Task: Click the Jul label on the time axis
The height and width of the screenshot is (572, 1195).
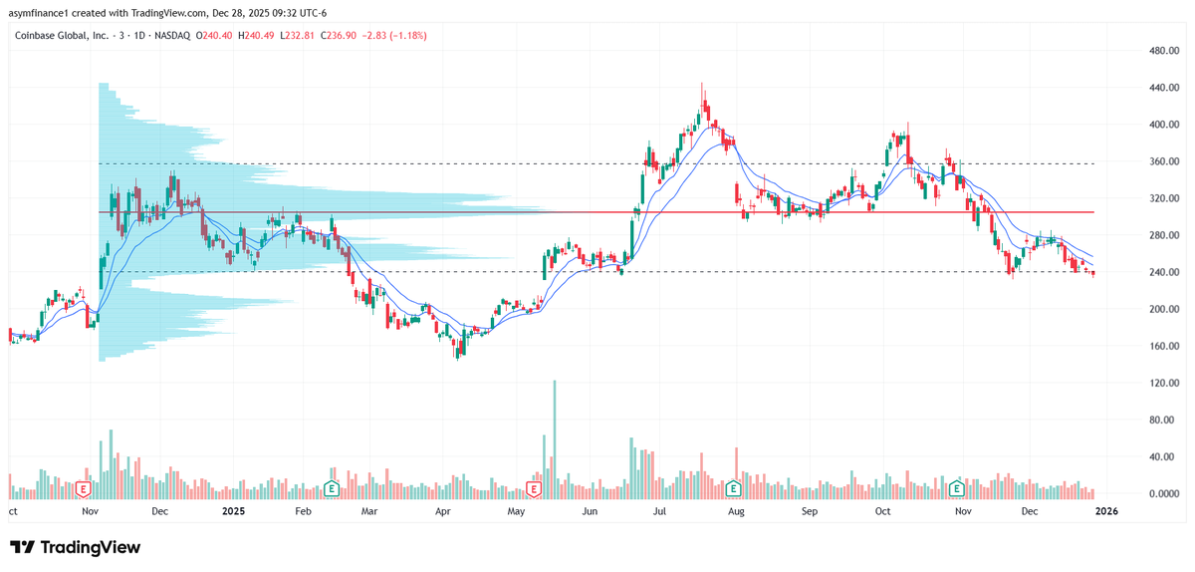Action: (659, 511)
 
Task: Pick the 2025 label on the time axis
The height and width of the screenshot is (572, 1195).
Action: (233, 511)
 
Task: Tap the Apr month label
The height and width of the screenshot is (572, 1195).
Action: (443, 511)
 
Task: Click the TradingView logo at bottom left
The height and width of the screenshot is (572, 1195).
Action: (75, 547)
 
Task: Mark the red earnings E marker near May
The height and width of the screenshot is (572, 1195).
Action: (534, 489)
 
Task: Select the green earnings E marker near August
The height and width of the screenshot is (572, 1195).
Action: (733, 489)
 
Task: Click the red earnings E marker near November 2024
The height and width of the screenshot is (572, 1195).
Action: (85, 489)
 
